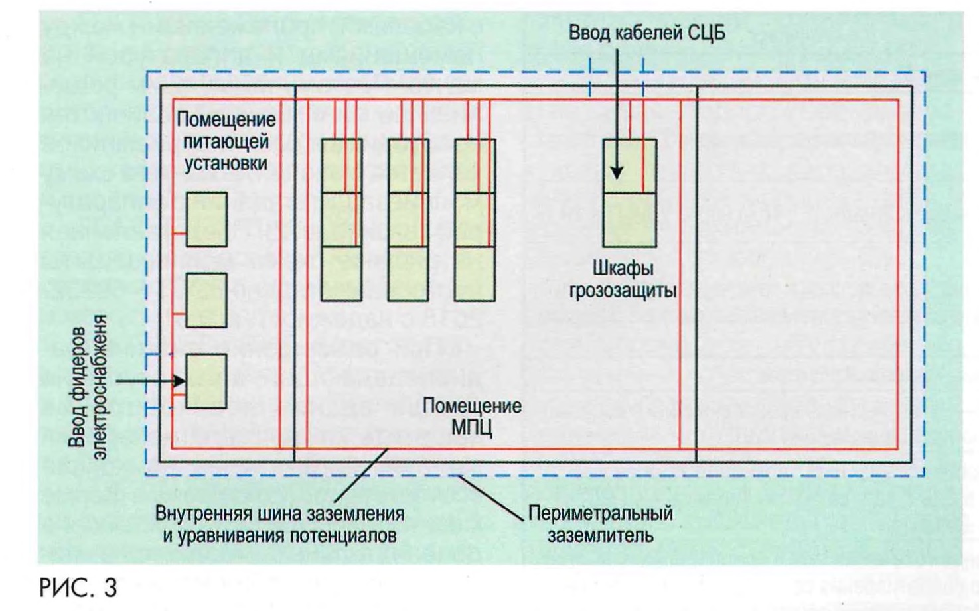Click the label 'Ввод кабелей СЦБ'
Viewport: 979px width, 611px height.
(x=646, y=33)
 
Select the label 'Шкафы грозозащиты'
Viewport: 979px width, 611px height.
(x=623, y=279)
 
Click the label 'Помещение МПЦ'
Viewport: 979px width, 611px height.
(x=472, y=416)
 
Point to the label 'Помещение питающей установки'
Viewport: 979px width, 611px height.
(x=226, y=141)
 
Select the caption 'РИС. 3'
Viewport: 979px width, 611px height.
(x=78, y=587)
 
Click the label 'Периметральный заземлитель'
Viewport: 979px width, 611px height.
(x=600, y=523)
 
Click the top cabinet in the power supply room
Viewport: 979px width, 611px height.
(x=206, y=220)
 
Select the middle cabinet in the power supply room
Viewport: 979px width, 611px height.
(x=206, y=300)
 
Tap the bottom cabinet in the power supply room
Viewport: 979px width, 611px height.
(x=206, y=380)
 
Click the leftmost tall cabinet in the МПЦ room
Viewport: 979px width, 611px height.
(x=341, y=220)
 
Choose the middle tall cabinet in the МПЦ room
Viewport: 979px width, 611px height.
(x=408, y=220)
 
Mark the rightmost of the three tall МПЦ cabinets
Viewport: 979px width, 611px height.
(x=475, y=220)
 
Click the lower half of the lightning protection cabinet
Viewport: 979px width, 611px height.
(x=629, y=220)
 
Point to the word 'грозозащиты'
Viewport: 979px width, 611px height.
(x=623, y=291)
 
